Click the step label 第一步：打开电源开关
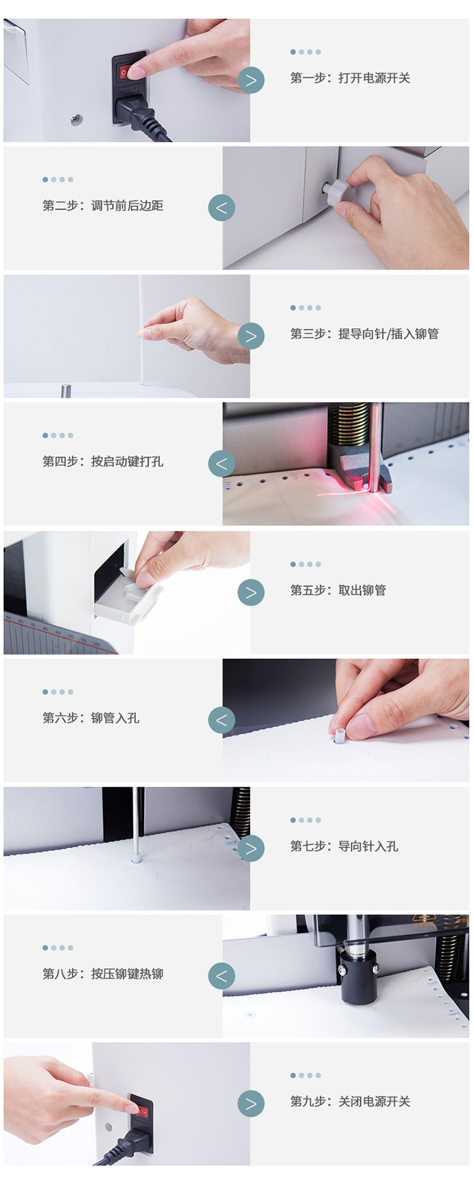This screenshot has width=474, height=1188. (x=350, y=78)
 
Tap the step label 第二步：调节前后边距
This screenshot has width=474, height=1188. (x=103, y=206)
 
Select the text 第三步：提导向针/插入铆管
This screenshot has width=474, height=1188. (x=365, y=334)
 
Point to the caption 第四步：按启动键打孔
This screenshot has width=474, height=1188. (x=103, y=461)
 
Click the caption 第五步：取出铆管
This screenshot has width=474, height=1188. (x=338, y=590)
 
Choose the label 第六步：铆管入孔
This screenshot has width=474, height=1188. (x=91, y=718)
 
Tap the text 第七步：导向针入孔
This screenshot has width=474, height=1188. (x=344, y=846)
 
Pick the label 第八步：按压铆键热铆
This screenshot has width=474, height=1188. (x=103, y=974)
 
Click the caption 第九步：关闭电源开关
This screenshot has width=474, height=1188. (x=350, y=1102)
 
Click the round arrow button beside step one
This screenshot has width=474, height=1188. (x=251, y=80)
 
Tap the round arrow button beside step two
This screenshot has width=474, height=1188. (x=221, y=208)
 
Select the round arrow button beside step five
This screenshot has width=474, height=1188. (x=251, y=592)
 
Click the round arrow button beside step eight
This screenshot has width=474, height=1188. (x=221, y=976)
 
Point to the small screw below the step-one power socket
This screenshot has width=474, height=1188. (x=76, y=118)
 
